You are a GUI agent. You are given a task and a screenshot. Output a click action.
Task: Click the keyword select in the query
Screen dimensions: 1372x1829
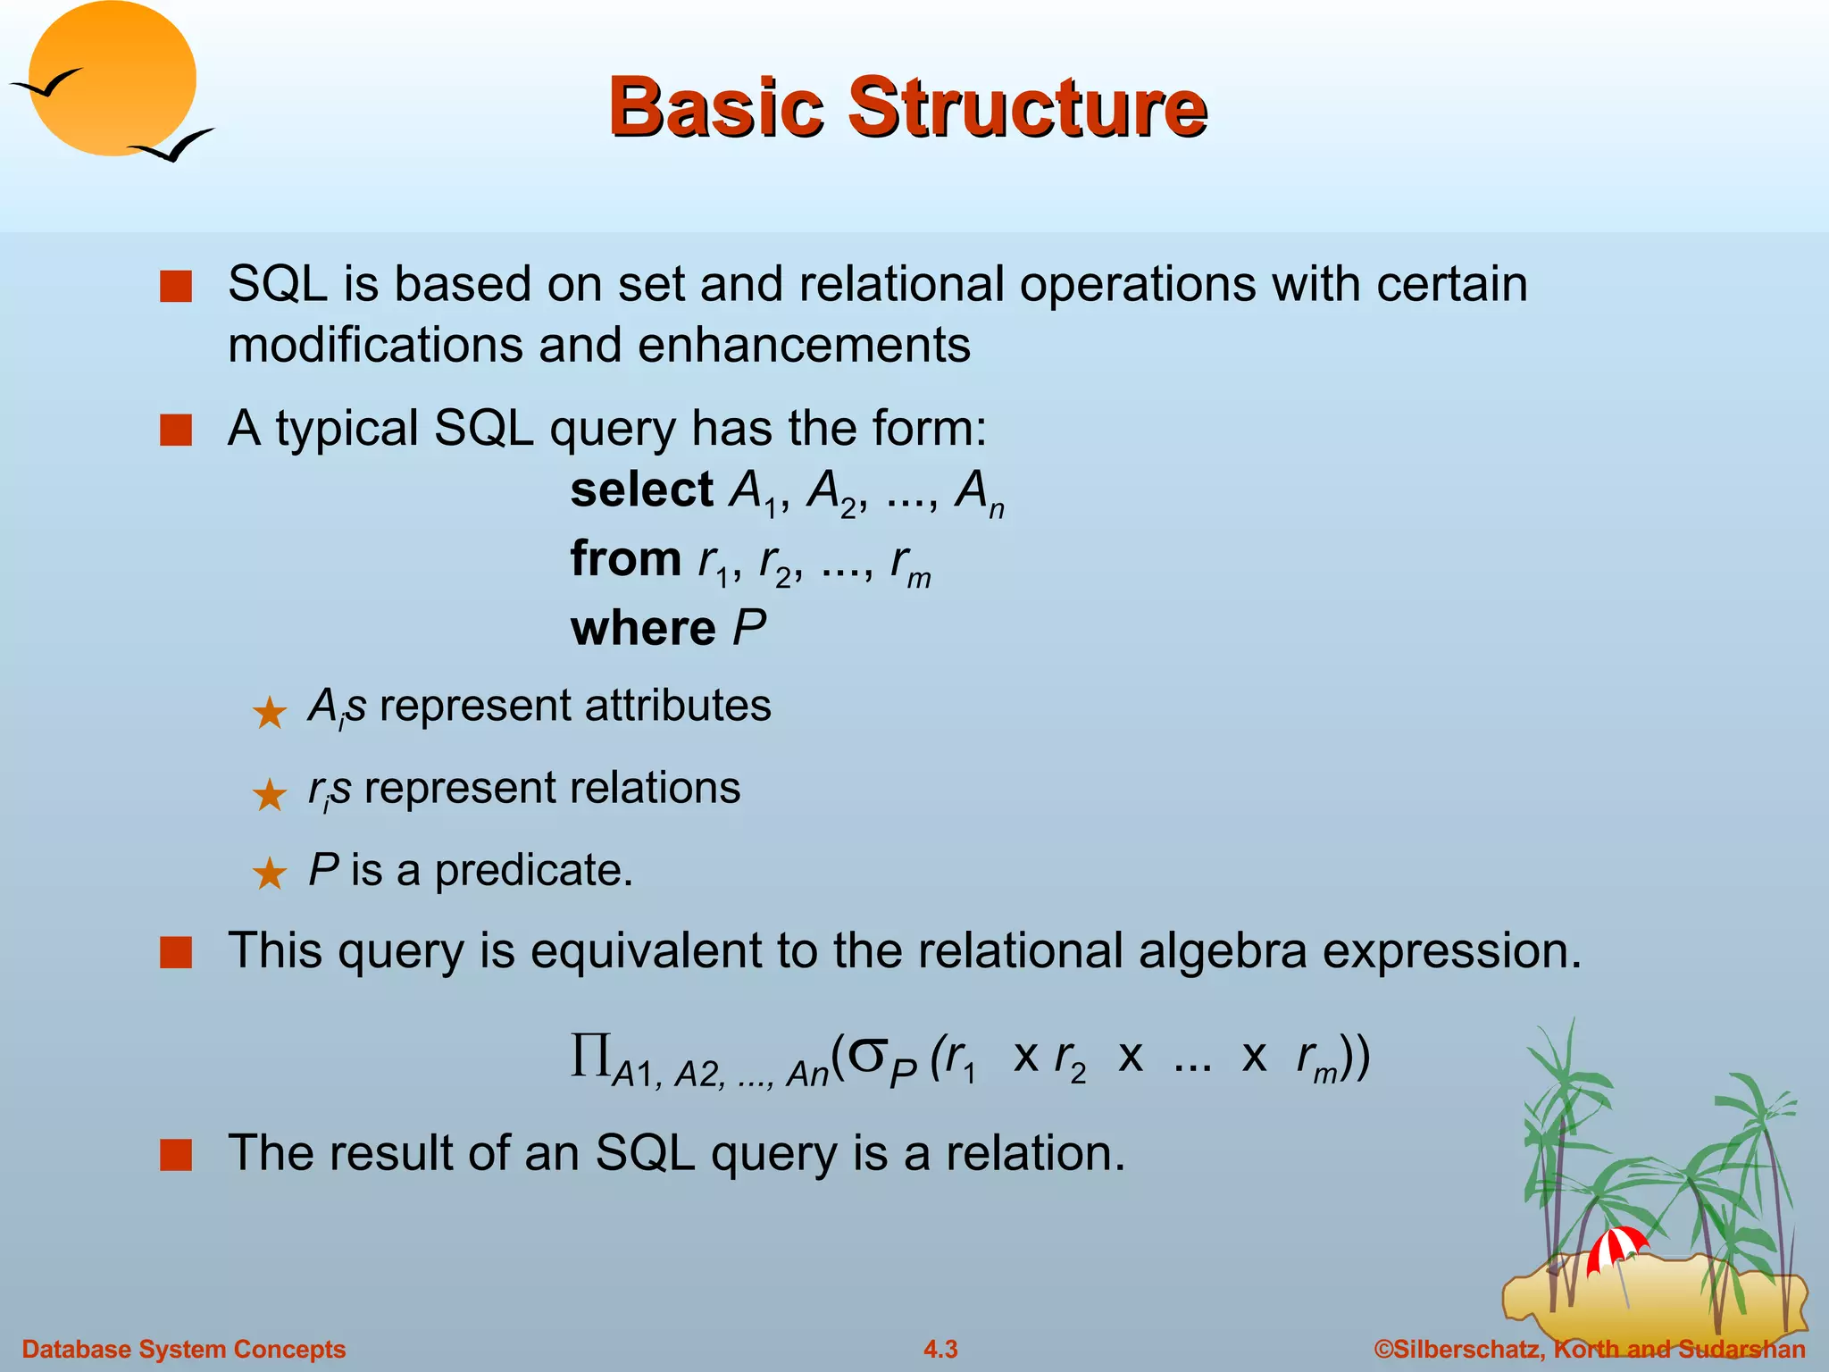[641, 490]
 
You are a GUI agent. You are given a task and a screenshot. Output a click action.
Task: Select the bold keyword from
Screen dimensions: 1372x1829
[626, 559]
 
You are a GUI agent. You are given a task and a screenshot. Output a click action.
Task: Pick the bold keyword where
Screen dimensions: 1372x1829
[643, 628]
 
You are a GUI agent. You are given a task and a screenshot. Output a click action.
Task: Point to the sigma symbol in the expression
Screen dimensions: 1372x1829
[865, 1054]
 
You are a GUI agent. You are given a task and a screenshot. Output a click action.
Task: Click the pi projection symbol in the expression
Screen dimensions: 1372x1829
[590, 1056]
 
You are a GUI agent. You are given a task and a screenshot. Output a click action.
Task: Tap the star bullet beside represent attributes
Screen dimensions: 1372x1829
[269, 713]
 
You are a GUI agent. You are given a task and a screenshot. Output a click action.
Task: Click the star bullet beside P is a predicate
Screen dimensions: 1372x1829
[269, 874]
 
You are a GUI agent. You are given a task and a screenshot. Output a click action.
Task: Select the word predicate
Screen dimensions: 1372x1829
[533, 870]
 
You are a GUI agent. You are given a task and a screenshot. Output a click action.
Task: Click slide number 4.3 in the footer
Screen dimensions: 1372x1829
[940, 1349]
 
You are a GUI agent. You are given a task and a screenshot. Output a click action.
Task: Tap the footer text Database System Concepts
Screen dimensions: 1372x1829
[183, 1349]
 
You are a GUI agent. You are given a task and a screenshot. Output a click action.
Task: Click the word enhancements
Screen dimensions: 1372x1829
[804, 345]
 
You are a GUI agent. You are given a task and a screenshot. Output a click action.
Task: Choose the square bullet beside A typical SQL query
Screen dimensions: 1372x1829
[176, 431]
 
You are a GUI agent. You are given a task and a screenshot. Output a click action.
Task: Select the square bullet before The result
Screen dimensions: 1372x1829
[176, 1155]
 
